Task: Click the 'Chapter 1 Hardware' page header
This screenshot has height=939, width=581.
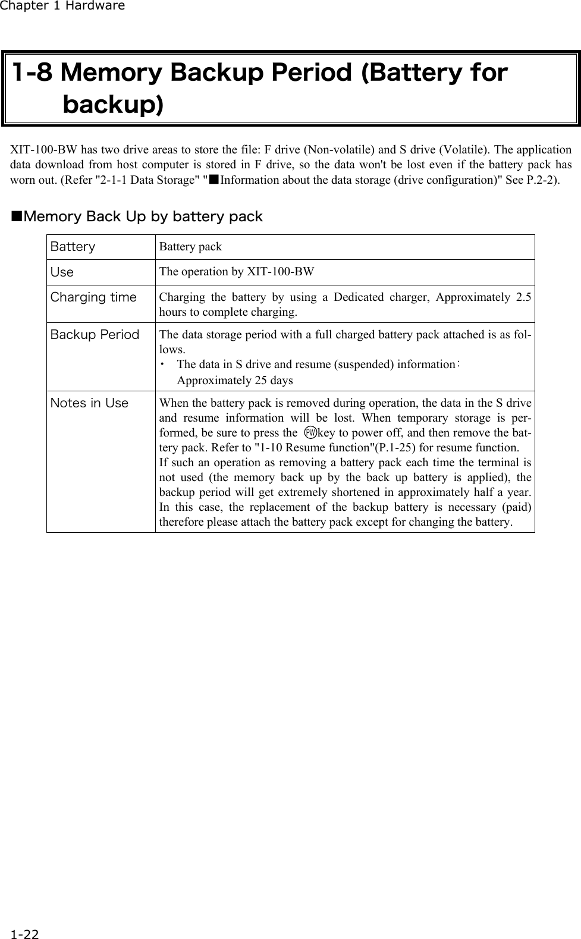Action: click(x=62, y=7)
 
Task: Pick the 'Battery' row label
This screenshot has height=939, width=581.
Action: click(x=73, y=247)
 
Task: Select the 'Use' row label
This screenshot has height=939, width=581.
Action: click(x=62, y=272)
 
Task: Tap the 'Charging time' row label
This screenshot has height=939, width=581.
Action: click(x=93, y=297)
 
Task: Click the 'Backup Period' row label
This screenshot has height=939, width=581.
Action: click(x=95, y=335)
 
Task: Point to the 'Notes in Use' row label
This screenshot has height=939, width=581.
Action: click(x=89, y=403)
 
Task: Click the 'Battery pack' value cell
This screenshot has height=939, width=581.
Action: click(x=190, y=247)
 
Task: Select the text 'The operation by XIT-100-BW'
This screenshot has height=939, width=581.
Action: click(x=237, y=272)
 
